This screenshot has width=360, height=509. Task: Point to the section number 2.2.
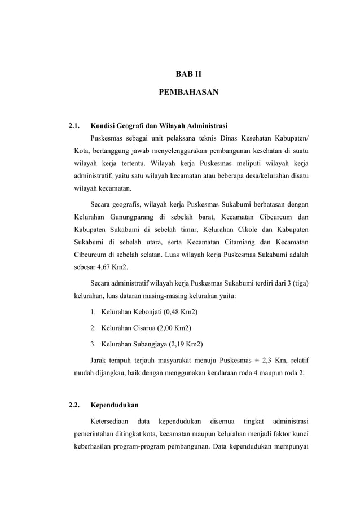(74, 405)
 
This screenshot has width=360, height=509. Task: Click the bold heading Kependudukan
(115, 405)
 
